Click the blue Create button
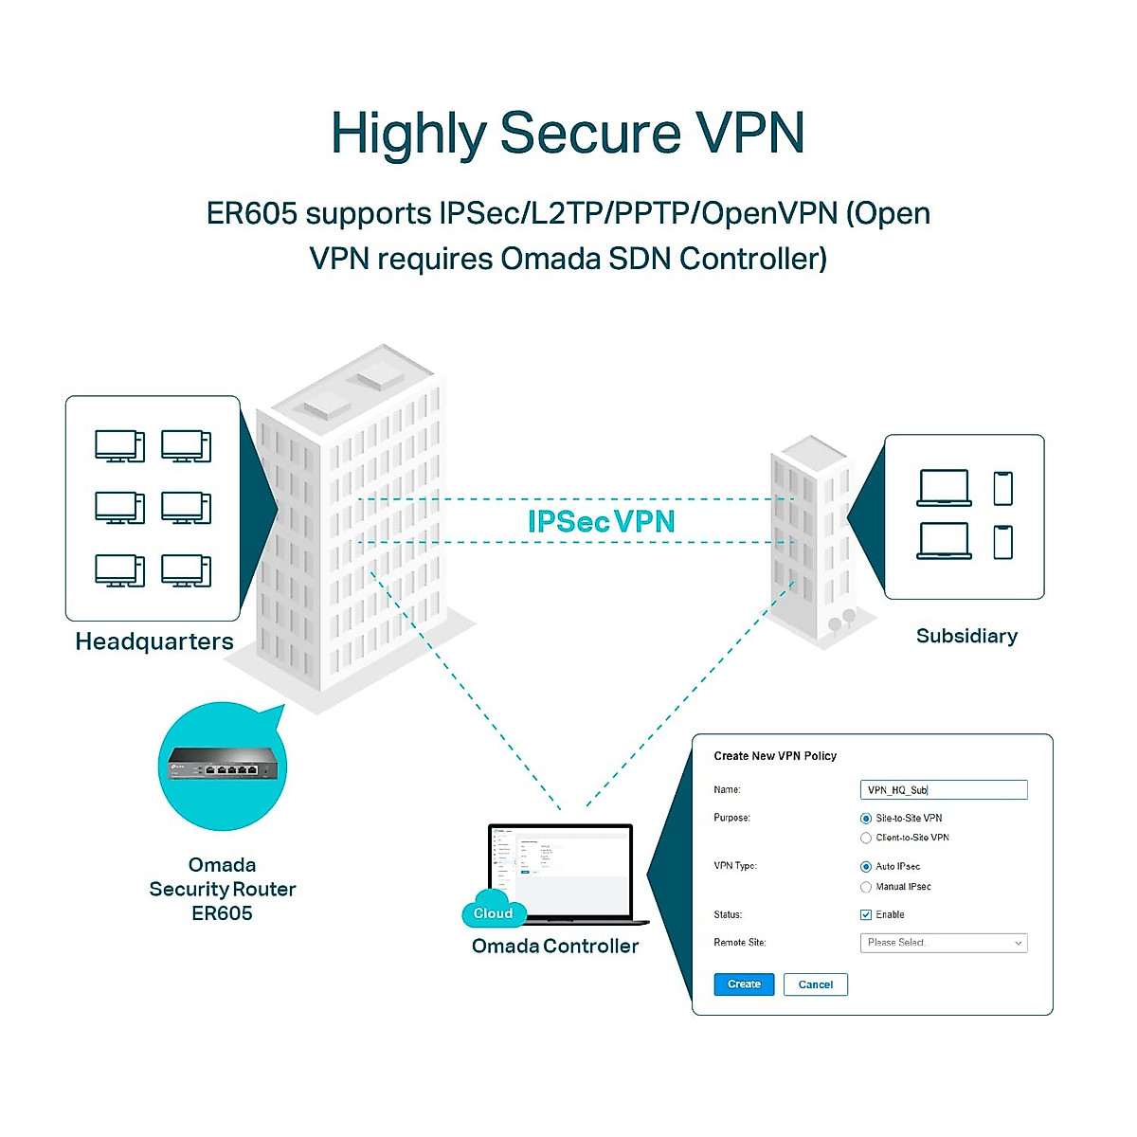coord(744,984)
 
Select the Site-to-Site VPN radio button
coord(866,819)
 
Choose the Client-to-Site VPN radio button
coord(866,838)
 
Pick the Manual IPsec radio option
coord(866,887)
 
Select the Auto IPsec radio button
coord(866,867)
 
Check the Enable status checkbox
coord(866,915)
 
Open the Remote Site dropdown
coord(944,943)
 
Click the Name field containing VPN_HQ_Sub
coord(944,790)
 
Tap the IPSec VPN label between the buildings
coord(602,521)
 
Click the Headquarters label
coord(154,641)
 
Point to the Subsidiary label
coord(966,636)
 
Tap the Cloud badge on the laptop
coord(493,912)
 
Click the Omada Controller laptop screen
coord(560,867)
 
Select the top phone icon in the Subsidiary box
coord(1003,489)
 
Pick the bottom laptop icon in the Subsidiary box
coord(945,541)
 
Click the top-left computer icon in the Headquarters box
coord(119,445)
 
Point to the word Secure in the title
coord(589,133)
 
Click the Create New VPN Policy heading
coord(775,756)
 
